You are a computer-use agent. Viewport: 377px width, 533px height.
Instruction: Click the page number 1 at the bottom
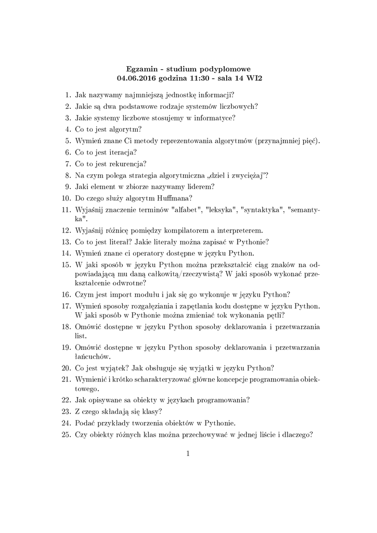coord(188,454)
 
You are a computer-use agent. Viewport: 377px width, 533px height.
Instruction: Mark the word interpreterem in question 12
coord(240,230)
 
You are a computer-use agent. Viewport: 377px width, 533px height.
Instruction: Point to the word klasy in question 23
coord(142,411)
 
